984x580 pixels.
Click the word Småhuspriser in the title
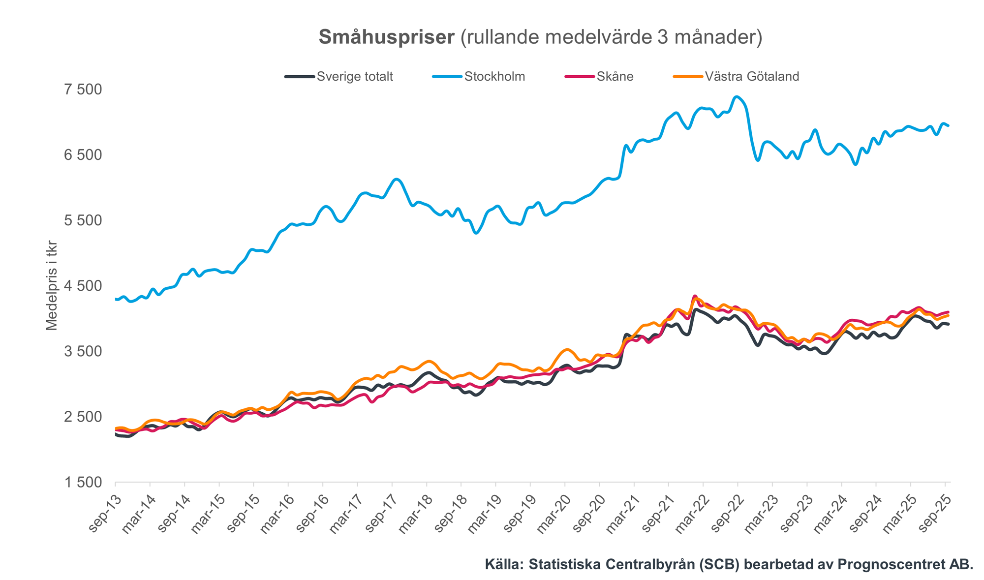[386, 37]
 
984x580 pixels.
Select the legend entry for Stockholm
[494, 77]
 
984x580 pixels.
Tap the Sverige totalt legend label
[355, 77]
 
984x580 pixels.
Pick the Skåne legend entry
[615, 77]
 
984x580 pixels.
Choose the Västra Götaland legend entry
[752, 77]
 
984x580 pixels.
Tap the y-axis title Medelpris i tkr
[52, 285]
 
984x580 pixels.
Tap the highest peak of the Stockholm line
[737, 96]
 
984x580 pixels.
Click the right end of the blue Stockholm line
[948, 126]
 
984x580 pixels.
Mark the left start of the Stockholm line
[116, 299]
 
